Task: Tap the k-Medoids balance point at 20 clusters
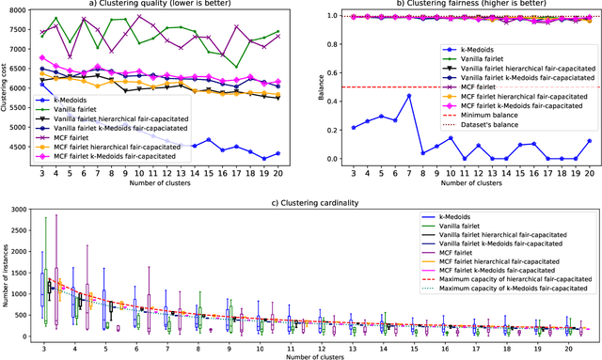(x=590, y=141)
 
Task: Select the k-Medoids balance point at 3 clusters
(x=352, y=127)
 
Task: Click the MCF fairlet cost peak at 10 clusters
(x=139, y=17)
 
